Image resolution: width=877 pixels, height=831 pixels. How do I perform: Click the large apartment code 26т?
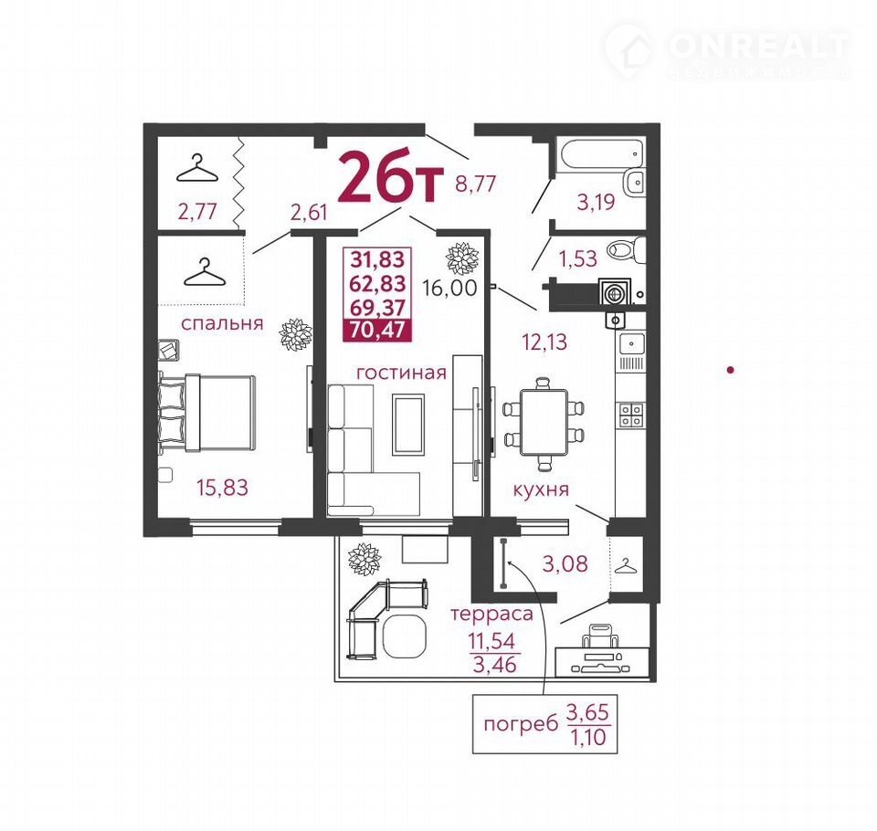click(x=390, y=177)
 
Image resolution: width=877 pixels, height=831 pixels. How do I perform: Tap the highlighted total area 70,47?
click(x=377, y=330)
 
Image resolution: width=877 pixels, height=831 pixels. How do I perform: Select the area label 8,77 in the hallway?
click(x=475, y=184)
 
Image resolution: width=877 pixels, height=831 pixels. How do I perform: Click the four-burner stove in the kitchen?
click(x=631, y=415)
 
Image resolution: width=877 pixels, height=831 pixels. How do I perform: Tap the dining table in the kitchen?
click(x=543, y=422)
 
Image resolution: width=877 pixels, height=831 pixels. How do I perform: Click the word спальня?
click(x=222, y=324)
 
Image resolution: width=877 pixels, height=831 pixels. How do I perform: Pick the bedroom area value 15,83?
click(x=222, y=487)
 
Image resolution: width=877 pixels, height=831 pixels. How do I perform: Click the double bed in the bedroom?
click(x=207, y=413)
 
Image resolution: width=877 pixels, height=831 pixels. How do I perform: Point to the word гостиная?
click(x=401, y=373)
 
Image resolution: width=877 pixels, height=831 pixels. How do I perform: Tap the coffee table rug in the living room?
click(x=407, y=424)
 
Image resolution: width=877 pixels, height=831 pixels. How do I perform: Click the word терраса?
click(x=492, y=615)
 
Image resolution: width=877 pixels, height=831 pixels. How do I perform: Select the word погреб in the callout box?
click(x=521, y=725)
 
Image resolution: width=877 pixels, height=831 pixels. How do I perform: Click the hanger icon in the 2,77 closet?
click(x=197, y=169)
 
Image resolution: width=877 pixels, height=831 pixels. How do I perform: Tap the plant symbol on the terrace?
click(x=365, y=558)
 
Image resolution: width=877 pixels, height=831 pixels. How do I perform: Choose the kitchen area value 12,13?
click(x=544, y=342)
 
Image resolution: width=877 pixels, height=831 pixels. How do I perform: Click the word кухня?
click(x=541, y=489)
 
